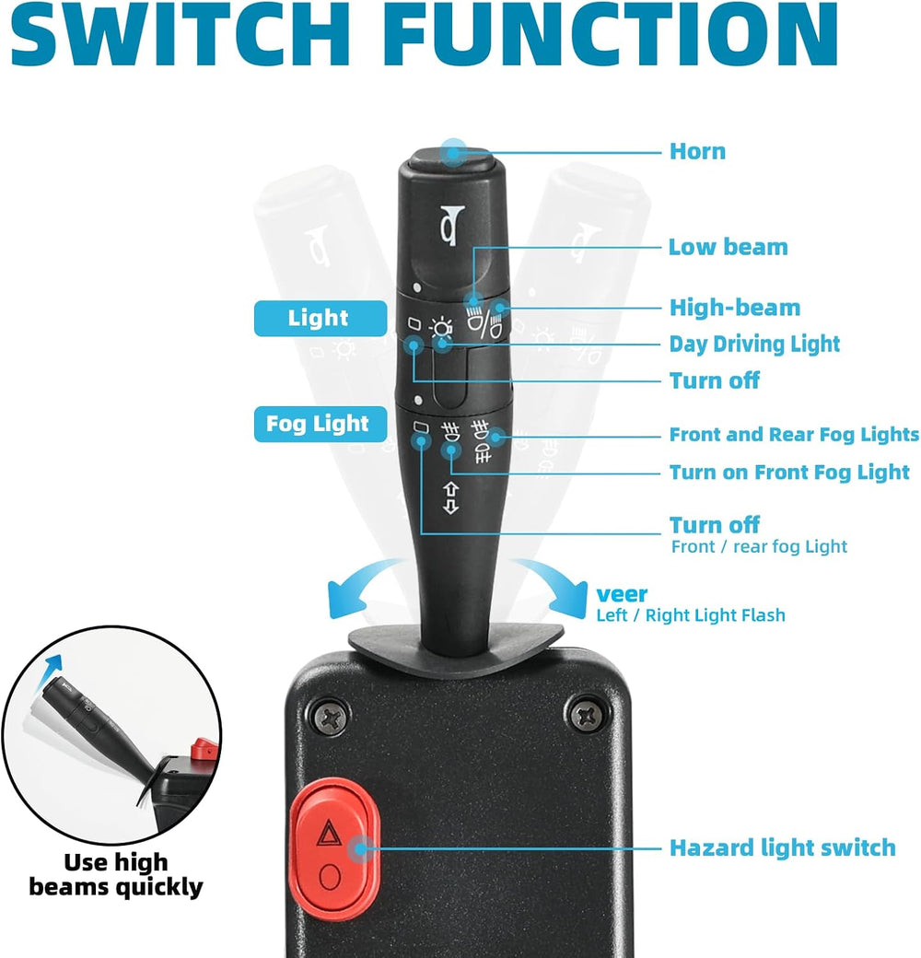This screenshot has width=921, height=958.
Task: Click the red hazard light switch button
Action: pos(334,850)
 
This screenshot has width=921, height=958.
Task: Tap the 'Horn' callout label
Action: pos(697,151)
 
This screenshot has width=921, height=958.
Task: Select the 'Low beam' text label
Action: pos(728,247)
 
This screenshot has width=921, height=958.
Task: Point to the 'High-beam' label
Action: pos(735,308)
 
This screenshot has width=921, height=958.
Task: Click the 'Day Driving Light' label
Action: pos(754,344)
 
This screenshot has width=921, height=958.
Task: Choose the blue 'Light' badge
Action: pos(320,319)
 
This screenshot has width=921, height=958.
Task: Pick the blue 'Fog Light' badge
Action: pos(320,424)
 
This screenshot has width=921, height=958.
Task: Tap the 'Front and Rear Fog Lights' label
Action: pos(794,435)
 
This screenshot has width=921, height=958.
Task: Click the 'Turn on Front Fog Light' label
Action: pos(789,473)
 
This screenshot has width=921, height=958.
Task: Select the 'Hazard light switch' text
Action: pos(782,848)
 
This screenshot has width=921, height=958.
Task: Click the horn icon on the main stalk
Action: pos(452,226)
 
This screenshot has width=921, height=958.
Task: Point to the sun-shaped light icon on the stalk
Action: pos(441,329)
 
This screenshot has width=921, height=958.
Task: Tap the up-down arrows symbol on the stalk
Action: pos(450,498)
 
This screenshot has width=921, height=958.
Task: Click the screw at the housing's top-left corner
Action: pos(331,715)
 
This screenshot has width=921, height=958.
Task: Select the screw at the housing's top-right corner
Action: pos(587,712)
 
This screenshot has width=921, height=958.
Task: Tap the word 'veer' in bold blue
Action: pos(622,594)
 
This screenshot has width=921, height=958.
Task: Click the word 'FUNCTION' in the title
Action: pos(610,35)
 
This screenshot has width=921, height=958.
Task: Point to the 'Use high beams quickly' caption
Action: pos(116,875)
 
